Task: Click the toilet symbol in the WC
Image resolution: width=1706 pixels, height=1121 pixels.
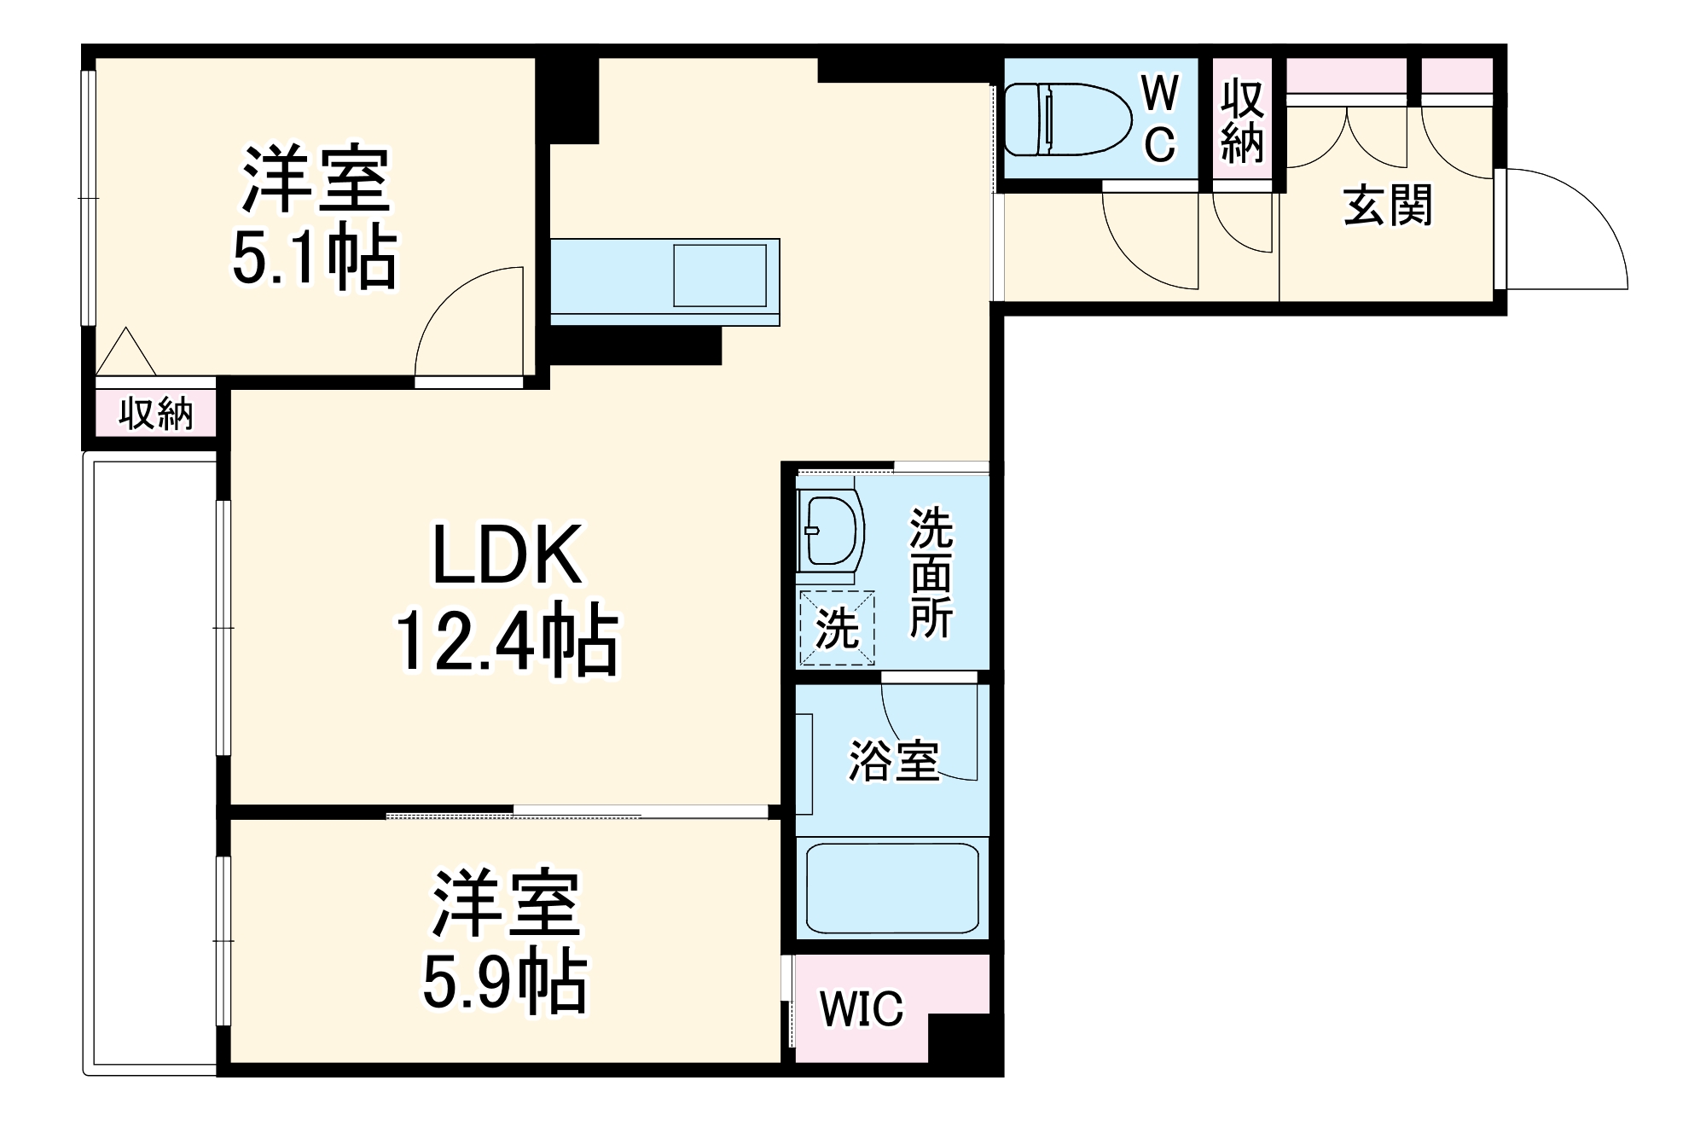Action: click(1066, 119)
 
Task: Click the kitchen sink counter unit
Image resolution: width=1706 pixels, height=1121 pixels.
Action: click(664, 282)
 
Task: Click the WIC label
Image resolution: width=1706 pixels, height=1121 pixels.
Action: click(861, 1009)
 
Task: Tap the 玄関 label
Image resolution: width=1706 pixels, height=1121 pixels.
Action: click(1388, 206)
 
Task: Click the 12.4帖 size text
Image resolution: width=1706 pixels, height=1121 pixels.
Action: click(507, 640)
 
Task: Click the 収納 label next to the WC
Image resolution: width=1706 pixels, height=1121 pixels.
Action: click(1242, 122)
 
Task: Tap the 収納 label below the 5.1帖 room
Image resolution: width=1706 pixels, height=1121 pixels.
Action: click(156, 414)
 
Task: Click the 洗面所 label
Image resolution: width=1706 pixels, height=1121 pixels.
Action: click(931, 572)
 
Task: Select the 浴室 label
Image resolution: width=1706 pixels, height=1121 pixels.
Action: click(893, 760)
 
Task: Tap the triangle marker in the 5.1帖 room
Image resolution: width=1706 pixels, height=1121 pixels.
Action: click(126, 354)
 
